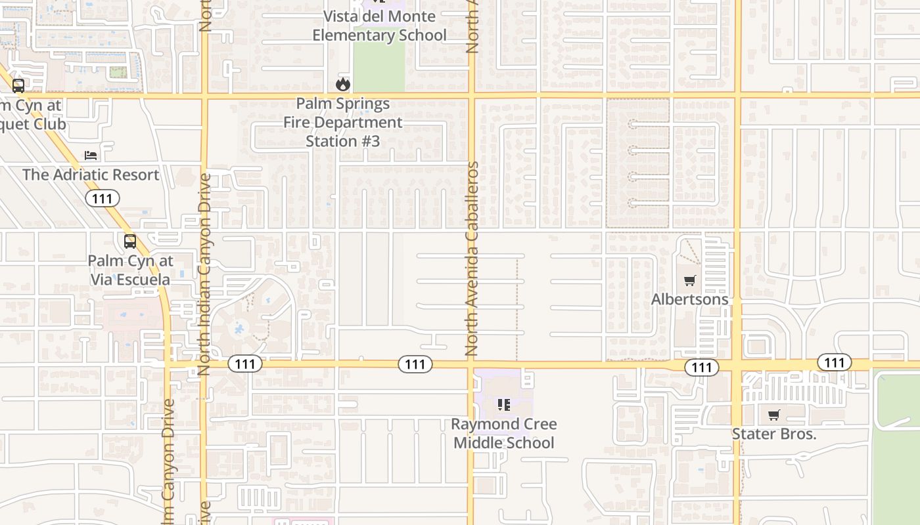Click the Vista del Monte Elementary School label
[x=379, y=26]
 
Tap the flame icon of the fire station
[x=342, y=84]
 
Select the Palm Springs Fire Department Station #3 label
[x=342, y=123]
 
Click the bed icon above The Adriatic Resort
[x=91, y=156]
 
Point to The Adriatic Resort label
[x=91, y=175]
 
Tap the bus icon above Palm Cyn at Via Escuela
[x=130, y=241]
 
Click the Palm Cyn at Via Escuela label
[x=130, y=270]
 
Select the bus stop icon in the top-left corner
[x=18, y=85]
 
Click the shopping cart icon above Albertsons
[x=689, y=281]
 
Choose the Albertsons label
[x=689, y=299]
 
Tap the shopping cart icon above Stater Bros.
[x=774, y=415]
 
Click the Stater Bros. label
[x=774, y=434]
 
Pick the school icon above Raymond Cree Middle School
[x=503, y=405]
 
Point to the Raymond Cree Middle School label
[x=503, y=433]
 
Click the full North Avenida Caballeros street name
[x=472, y=259]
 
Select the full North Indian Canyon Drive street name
[x=204, y=274]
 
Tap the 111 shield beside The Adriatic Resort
[x=103, y=198]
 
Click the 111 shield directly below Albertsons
[x=702, y=367]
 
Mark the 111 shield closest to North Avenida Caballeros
[x=415, y=364]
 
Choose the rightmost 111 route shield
[x=835, y=362]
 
